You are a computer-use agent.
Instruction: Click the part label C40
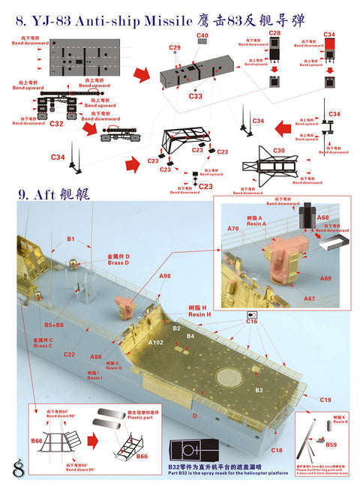click(x=202, y=35)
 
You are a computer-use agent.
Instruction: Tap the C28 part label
click(x=275, y=34)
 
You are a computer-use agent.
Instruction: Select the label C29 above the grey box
click(x=174, y=48)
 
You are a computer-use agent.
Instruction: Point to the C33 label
click(x=196, y=96)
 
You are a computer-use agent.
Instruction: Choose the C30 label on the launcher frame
click(x=279, y=151)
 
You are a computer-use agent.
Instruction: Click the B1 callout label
click(x=71, y=239)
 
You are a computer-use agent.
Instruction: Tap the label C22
click(x=69, y=354)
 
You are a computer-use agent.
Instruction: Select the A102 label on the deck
click(x=156, y=342)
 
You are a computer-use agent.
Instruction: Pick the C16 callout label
click(x=251, y=321)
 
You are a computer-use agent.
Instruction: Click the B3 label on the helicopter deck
click(x=259, y=390)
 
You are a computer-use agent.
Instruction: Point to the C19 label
click(x=325, y=400)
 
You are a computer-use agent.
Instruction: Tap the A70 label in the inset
click(x=232, y=228)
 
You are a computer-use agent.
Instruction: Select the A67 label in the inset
click(x=309, y=299)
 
